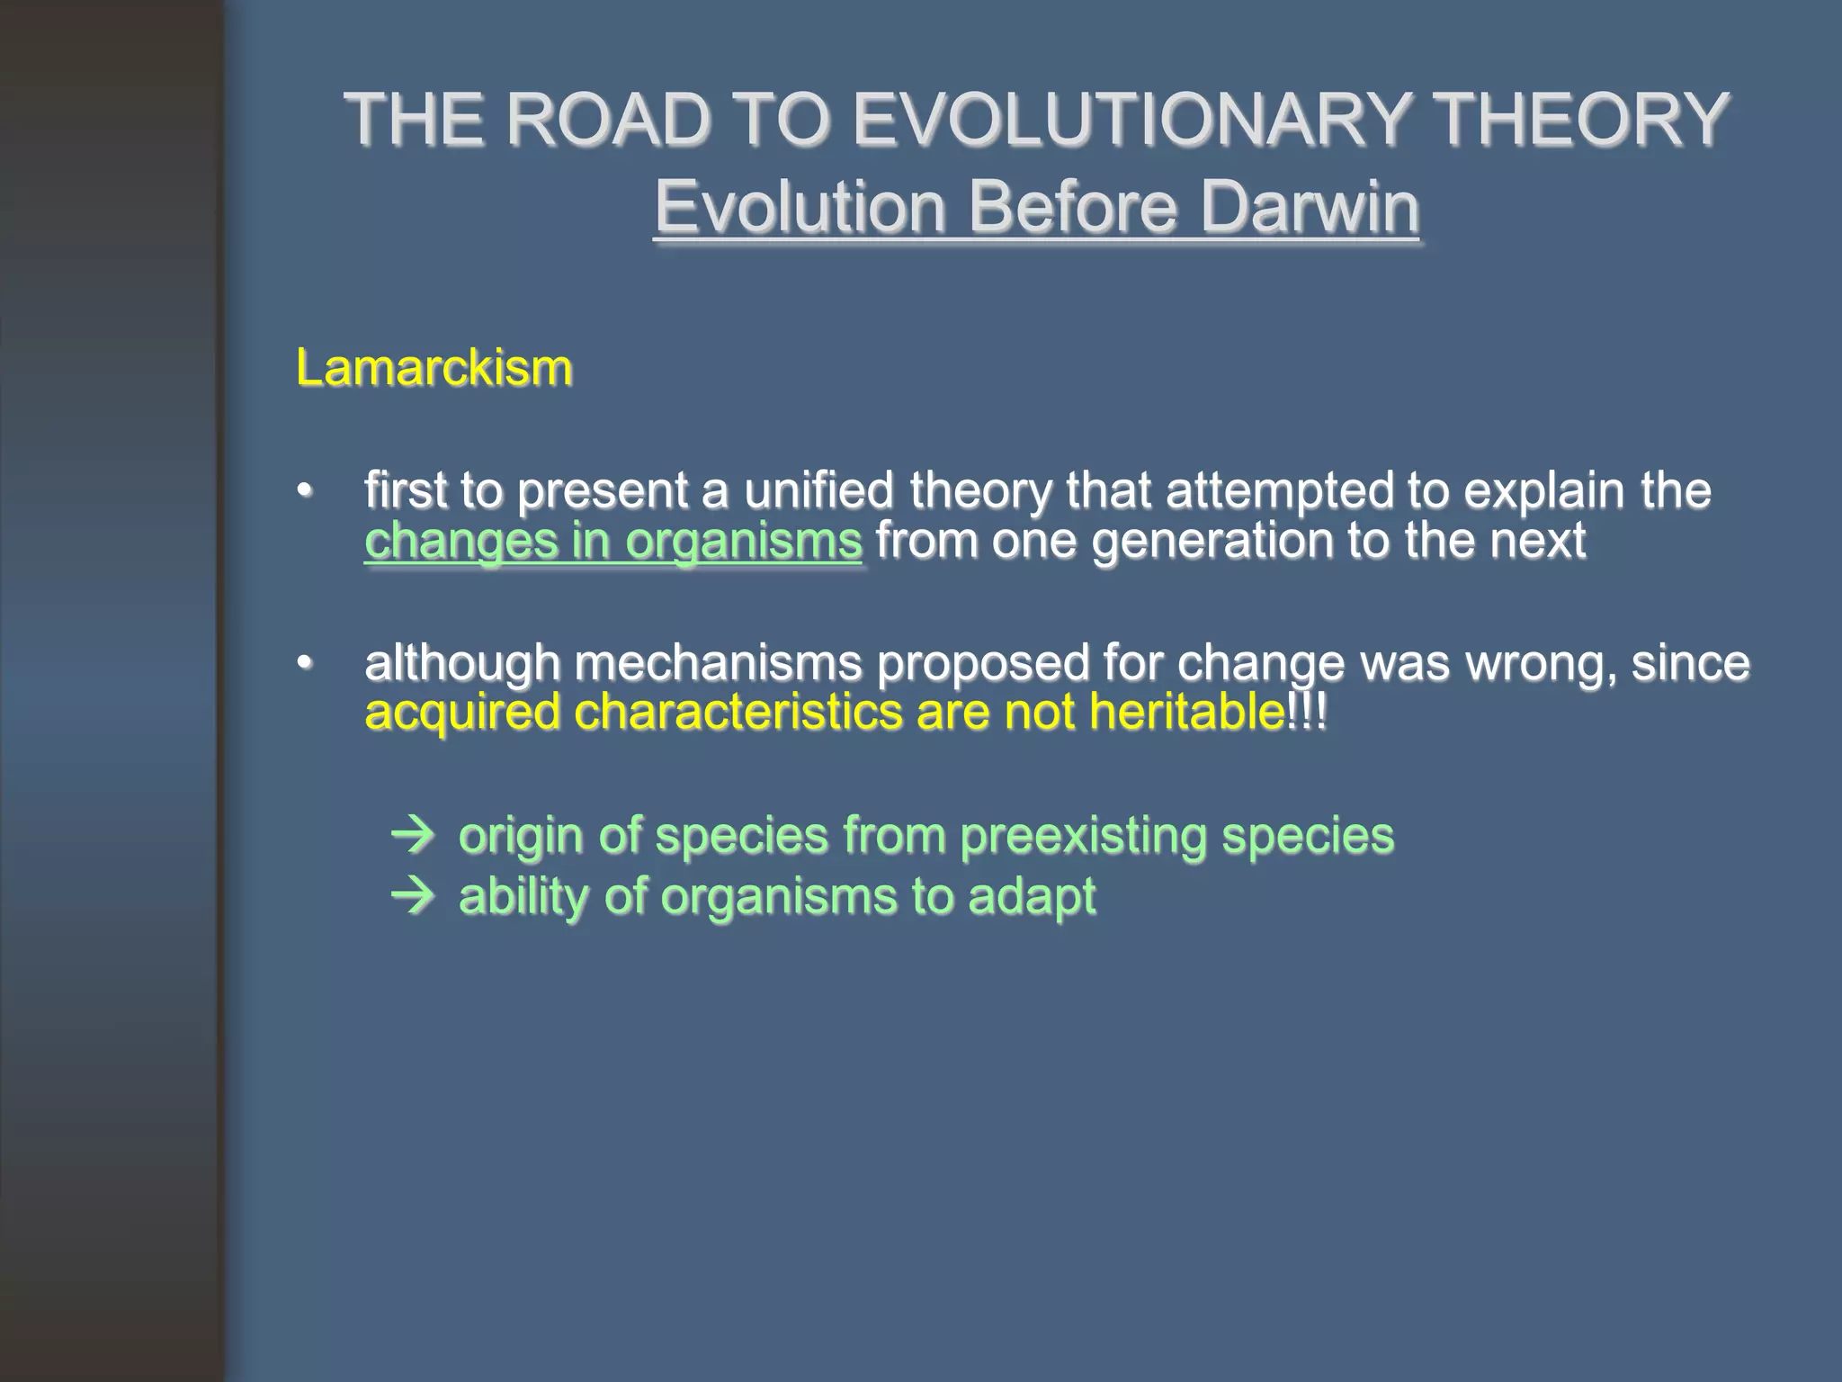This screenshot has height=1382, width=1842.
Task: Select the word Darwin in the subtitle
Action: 1310,207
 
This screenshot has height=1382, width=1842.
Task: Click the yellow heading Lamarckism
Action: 434,368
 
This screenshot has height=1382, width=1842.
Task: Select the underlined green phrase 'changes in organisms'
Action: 613,542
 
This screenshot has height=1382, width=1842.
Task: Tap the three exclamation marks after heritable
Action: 1307,713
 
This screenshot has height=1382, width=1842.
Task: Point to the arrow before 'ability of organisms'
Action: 413,897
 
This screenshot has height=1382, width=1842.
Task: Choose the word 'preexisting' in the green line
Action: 1083,836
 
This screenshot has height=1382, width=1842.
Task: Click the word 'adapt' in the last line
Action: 1032,897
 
